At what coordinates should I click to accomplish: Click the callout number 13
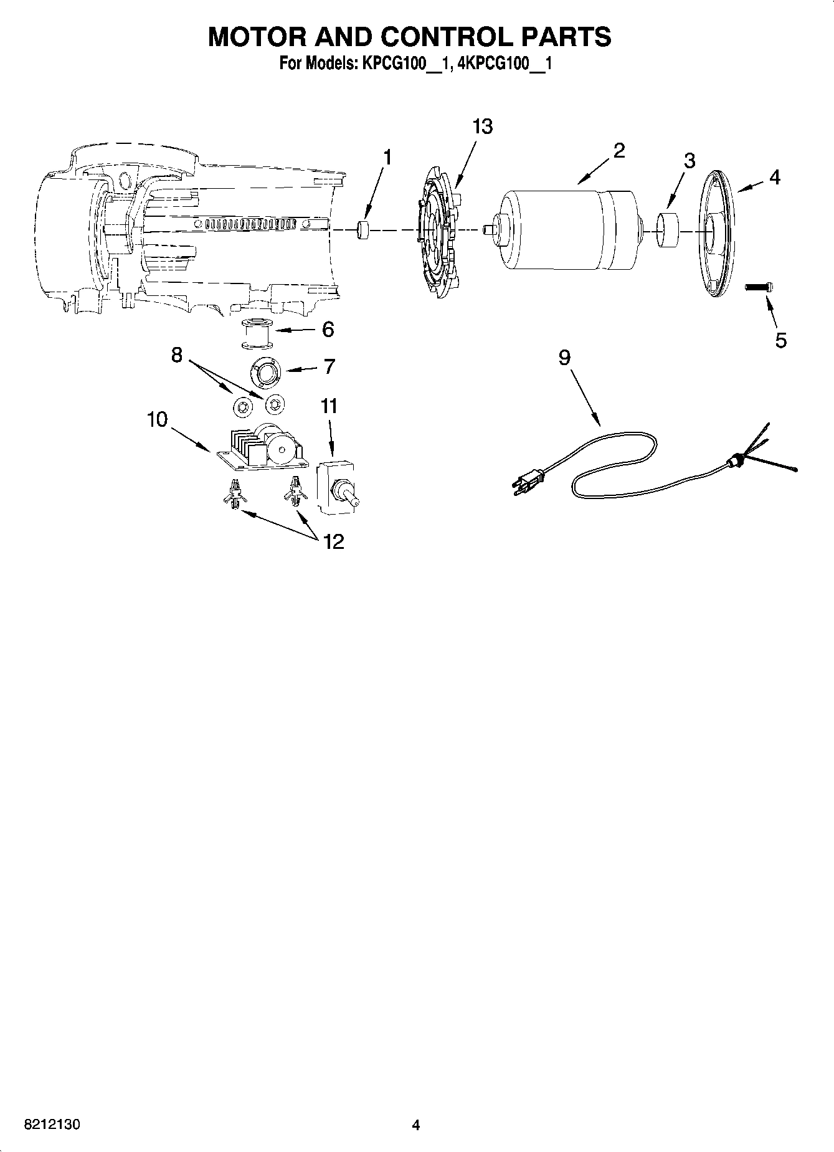coord(482,126)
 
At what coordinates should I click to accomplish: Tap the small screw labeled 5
coord(759,287)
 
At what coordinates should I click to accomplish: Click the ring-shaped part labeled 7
coord(267,372)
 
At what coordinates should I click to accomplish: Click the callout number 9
coord(564,358)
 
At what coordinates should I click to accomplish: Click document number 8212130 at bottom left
coord(52,1125)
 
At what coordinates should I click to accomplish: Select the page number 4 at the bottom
coord(415,1125)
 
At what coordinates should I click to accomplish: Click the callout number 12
coord(334,542)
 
